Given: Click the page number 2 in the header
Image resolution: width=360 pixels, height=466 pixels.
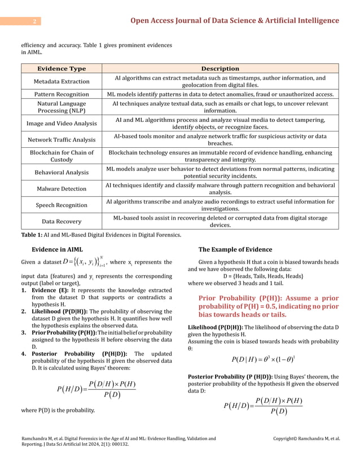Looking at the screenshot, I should [x=34, y=21].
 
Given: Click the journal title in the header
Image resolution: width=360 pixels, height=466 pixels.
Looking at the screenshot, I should [x=235, y=21].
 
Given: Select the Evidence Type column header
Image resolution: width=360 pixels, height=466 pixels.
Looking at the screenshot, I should [x=62, y=68].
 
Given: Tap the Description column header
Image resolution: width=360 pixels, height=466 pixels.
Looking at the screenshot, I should [x=220, y=68].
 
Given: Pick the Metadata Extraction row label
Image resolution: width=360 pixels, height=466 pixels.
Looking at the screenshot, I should [x=62, y=81].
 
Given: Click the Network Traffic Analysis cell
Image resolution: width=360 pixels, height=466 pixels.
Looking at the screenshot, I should [x=62, y=139].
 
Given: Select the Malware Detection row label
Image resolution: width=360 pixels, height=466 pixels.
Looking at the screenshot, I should [x=62, y=188].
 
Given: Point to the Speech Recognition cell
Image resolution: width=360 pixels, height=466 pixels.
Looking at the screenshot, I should [x=62, y=205].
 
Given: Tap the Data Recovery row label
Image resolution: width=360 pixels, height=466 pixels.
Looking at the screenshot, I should [x=62, y=222].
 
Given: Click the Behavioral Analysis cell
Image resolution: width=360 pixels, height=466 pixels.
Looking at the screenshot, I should [x=62, y=172].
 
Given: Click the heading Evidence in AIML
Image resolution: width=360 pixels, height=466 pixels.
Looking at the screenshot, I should [x=58, y=249].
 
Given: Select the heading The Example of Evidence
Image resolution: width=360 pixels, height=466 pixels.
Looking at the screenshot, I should [x=235, y=249].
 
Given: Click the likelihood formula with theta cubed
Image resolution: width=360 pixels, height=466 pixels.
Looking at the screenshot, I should [x=264, y=359].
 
